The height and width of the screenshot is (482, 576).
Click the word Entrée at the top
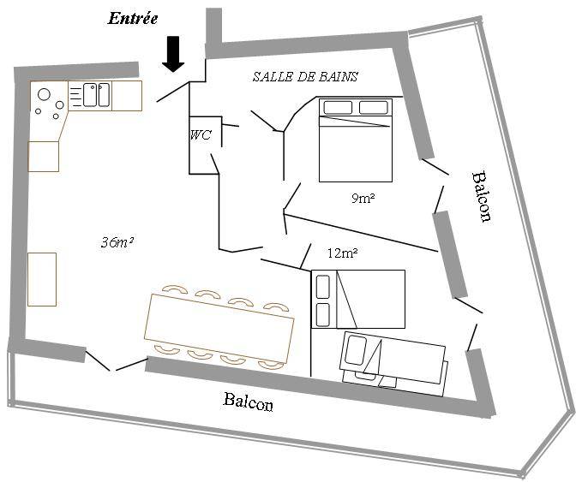(133, 18)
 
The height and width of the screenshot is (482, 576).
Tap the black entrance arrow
(173, 54)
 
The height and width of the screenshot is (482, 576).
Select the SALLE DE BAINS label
(305, 76)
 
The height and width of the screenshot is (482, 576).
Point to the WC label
(201, 135)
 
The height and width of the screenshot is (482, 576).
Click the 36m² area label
(117, 241)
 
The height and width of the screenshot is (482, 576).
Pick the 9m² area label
(363, 199)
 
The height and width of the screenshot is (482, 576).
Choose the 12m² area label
(342, 253)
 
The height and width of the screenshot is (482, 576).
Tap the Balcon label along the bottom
(249, 401)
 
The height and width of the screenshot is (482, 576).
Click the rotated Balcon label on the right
(481, 196)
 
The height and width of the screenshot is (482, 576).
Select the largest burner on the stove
(44, 95)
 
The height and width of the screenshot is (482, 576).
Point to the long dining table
(219, 327)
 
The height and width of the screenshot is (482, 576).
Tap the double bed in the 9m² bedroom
(356, 140)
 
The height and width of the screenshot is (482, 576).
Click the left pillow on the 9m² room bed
(338, 108)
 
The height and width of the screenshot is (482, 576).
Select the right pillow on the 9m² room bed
(373, 108)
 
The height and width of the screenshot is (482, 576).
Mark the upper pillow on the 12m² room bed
(322, 287)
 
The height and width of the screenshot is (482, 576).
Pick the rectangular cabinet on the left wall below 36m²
(42, 279)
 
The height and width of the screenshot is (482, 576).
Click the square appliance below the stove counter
(44, 157)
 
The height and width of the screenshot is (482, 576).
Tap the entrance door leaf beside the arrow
(172, 92)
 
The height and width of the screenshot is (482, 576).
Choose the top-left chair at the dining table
(175, 289)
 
